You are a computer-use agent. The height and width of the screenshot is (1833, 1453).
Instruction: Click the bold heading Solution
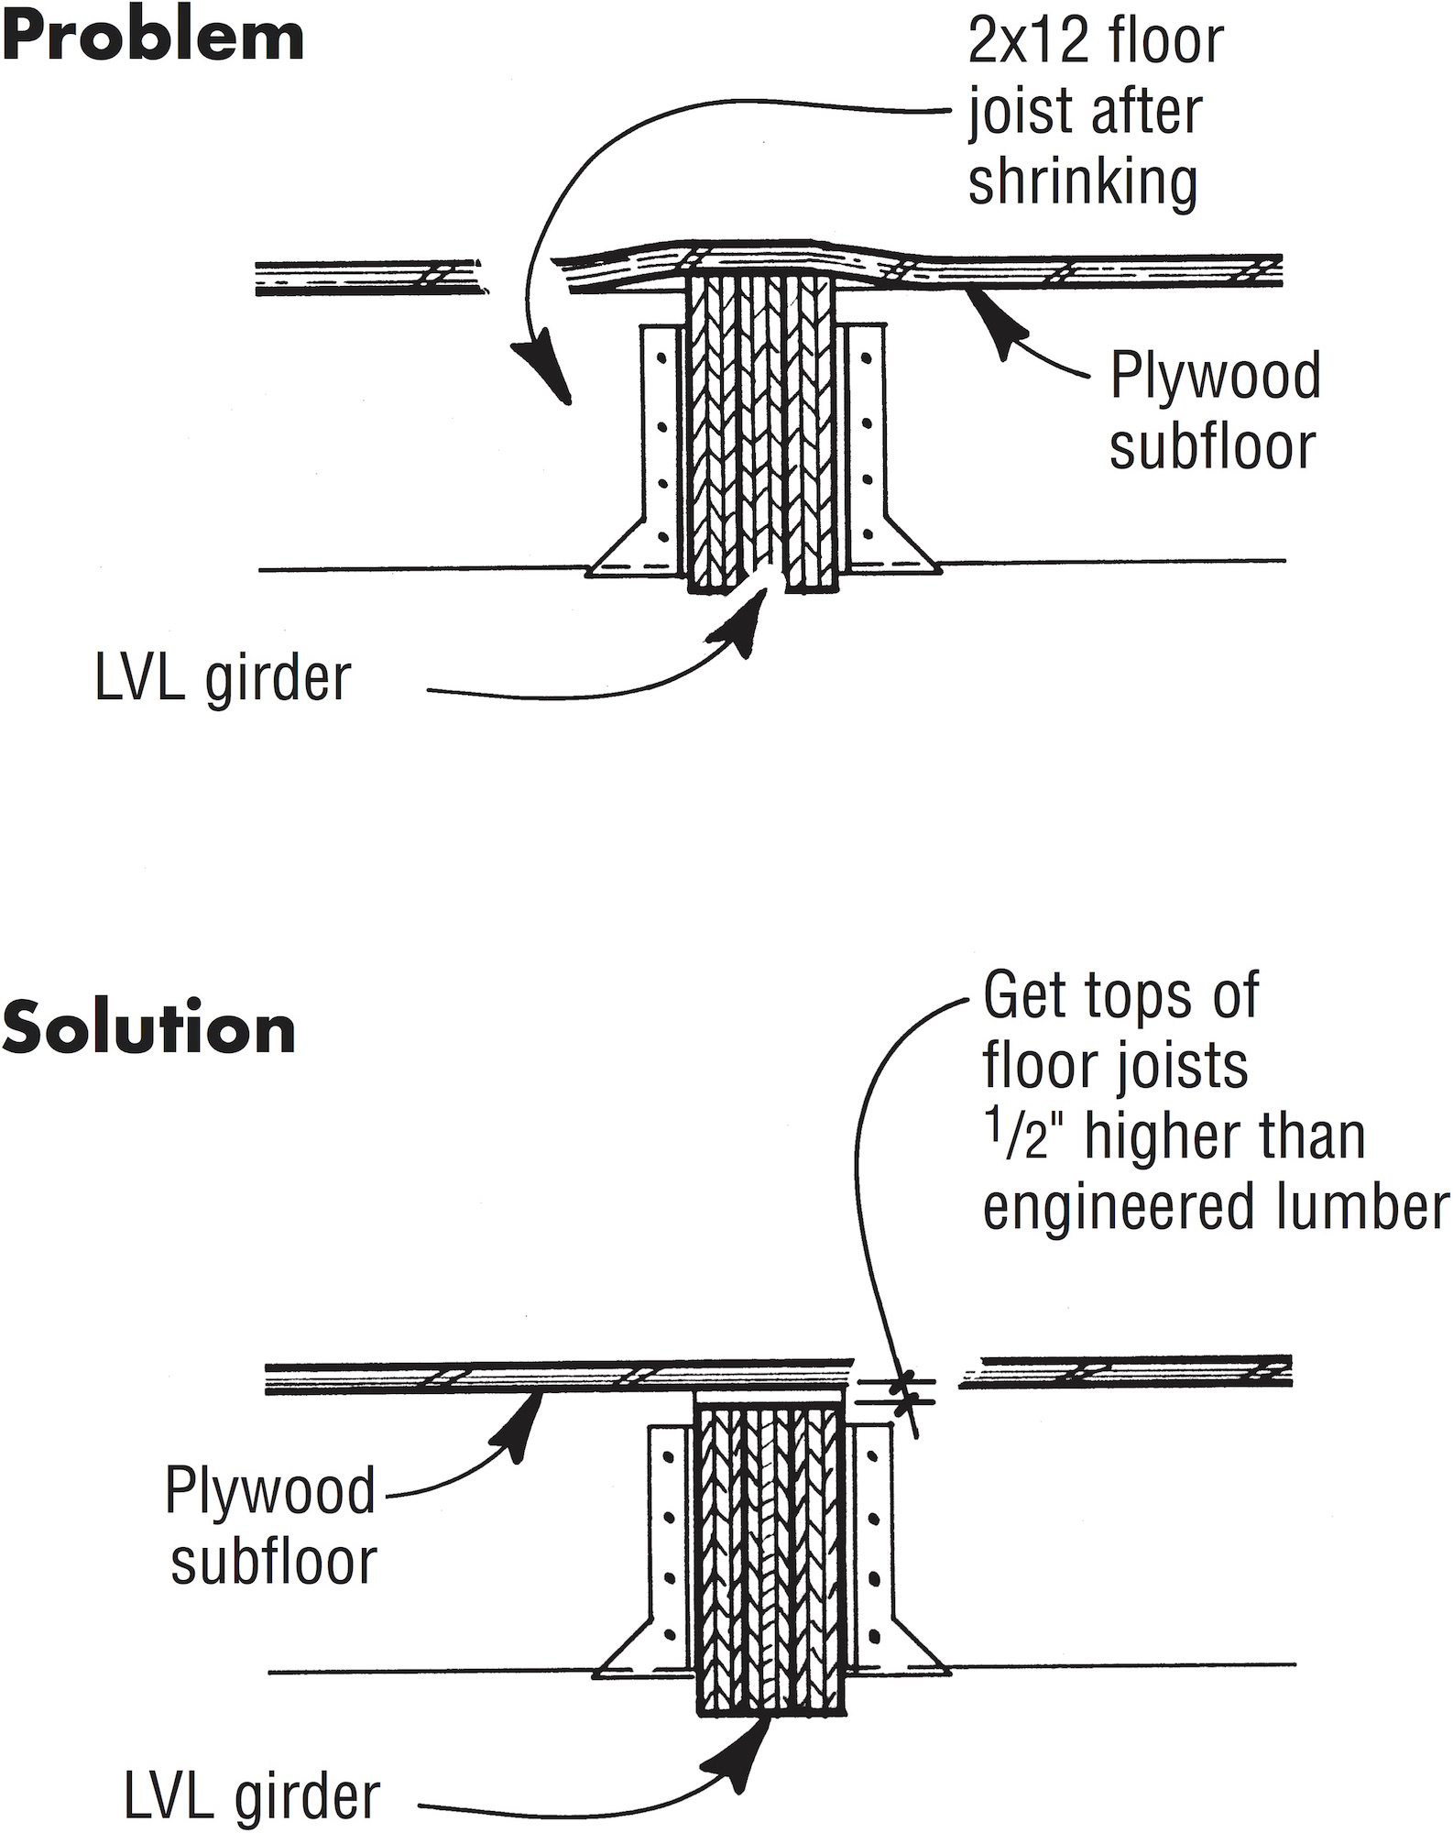[x=148, y=1030]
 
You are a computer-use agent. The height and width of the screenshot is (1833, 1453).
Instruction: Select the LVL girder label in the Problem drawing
[x=223, y=679]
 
